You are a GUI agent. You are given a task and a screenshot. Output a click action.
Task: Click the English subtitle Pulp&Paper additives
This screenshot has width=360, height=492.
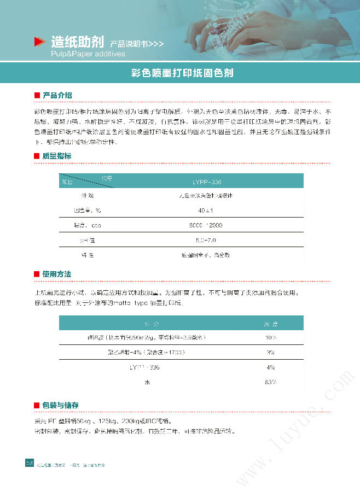(88, 54)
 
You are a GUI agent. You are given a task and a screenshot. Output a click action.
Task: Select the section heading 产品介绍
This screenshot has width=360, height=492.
(57, 96)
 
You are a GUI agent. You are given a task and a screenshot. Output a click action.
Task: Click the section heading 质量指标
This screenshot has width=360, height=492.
(57, 156)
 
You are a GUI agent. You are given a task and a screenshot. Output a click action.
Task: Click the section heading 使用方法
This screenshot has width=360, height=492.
(57, 274)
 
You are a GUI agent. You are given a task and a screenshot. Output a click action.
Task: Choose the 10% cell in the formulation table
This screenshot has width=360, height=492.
(271, 338)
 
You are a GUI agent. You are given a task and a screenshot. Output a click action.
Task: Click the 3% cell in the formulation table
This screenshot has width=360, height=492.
(271, 353)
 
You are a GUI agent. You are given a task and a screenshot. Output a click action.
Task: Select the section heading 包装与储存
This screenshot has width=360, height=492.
(60, 406)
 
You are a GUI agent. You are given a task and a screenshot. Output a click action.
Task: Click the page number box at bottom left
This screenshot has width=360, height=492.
(30, 464)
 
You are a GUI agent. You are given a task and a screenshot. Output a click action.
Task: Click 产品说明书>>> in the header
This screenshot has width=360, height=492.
(136, 43)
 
